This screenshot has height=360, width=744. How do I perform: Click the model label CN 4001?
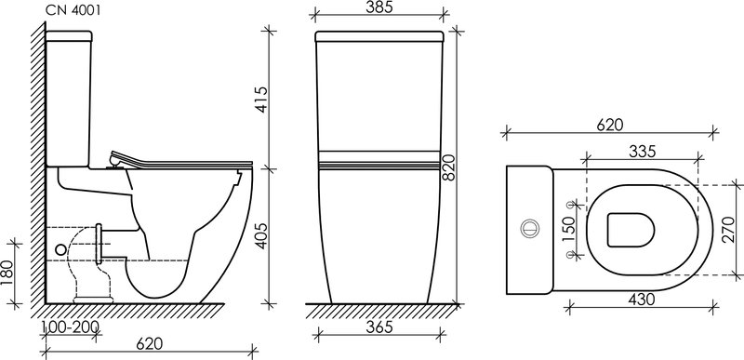[73, 11]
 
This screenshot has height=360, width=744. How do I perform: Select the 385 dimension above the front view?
[379, 8]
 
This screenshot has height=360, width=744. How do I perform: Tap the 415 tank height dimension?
[260, 100]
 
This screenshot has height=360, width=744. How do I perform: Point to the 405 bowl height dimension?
[260, 236]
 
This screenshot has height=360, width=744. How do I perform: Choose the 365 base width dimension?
[379, 327]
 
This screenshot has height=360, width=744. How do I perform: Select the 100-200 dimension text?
[71, 327]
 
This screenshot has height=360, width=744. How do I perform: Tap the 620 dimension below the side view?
[150, 344]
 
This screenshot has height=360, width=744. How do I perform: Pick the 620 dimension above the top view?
[610, 125]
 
